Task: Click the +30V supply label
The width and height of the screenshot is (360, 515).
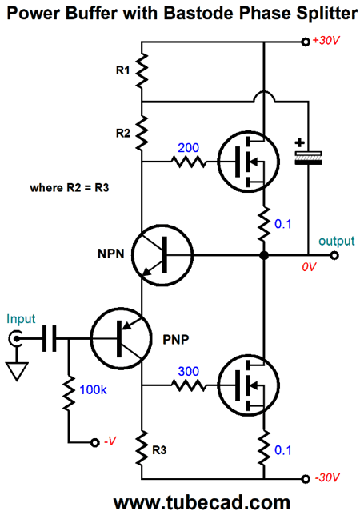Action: (x=326, y=41)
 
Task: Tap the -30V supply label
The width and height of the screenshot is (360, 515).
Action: (x=327, y=477)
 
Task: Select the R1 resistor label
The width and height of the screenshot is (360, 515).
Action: (x=123, y=70)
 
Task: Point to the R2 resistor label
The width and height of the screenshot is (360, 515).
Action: (x=123, y=133)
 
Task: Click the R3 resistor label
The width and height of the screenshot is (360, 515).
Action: (x=159, y=450)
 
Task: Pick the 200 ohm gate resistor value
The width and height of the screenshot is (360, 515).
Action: (x=188, y=148)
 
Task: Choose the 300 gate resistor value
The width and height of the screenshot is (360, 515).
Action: (x=189, y=372)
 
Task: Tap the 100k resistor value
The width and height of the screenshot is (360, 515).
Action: (x=94, y=390)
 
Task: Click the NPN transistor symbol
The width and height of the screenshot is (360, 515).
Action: (x=162, y=255)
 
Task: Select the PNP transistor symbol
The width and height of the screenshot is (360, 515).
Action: (x=122, y=338)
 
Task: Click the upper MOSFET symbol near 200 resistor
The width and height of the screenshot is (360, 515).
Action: (x=249, y=162)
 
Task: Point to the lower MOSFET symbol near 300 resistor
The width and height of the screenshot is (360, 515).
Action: (x=249, y=385)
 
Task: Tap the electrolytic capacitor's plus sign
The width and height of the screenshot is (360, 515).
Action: (x=299, y=142)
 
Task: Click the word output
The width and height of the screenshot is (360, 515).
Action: (x=337, y=241)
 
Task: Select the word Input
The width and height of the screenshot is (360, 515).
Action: (x=21, y=319)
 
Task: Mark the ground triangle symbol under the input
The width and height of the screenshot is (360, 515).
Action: (x=17, y=371)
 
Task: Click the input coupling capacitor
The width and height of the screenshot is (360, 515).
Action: (x=50, y=338)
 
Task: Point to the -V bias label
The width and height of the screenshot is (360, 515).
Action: (x=110, y=441)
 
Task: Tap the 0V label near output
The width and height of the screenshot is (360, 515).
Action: (x=309, y=267)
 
